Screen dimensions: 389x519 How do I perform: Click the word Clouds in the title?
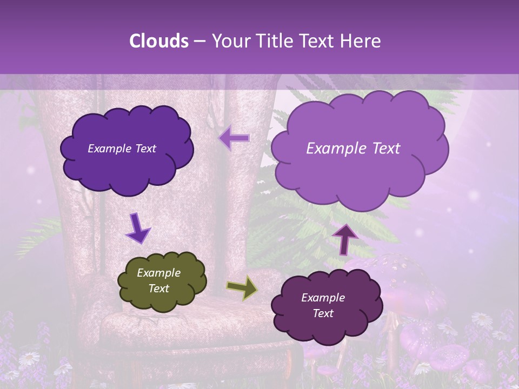[158, 41]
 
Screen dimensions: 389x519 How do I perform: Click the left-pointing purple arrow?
[234, 138]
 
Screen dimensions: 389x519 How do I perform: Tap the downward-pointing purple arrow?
[138, 229]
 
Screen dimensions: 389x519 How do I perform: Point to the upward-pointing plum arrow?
[344, 239]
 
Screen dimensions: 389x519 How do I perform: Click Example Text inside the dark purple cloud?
[122, 149]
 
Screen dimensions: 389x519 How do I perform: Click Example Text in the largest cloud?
[353, 149]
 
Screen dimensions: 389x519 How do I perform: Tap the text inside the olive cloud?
[159, 281]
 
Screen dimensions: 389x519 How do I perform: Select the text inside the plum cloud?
[323, 305]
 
